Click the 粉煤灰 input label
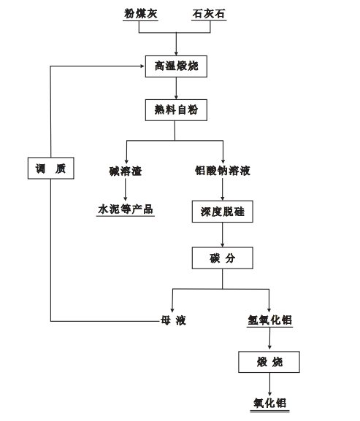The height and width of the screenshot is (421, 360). click(x=140, y=14)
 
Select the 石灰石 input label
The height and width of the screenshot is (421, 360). click(x=209, y=14)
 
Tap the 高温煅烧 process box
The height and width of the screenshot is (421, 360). click(x=176, y=66)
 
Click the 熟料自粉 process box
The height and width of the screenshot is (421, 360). click(x=176, y=110)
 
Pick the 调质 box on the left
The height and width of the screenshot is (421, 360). click(x=51, y=168)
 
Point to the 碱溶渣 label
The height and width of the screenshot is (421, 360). click(x=126, y=171)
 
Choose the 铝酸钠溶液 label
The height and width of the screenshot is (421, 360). click(x=223, y=171)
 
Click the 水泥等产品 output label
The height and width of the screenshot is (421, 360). click(x=126, y=209)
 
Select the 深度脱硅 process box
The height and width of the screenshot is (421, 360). click(x=223, y=212)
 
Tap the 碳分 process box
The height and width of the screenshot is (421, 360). click(x=223, y=258)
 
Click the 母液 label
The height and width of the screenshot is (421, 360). click(x=173, y=320)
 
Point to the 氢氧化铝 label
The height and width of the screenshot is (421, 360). click(x=269, y=320)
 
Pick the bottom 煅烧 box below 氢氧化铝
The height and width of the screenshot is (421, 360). click(x=269, y=362)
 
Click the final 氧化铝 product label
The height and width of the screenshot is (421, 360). click(x=269, y=403)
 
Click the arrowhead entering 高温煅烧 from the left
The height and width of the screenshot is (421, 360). click(x=143, y=66)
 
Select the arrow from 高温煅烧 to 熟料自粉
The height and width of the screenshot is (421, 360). click(x=176, y=88)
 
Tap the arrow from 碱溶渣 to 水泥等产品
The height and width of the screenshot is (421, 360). click(x=125, y=189)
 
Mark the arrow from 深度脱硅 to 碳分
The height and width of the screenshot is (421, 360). click(x=223, y=235)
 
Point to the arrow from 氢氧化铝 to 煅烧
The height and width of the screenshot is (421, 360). click(x=269, y=339)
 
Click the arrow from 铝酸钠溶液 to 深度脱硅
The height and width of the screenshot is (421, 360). click(x=223, y=189)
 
